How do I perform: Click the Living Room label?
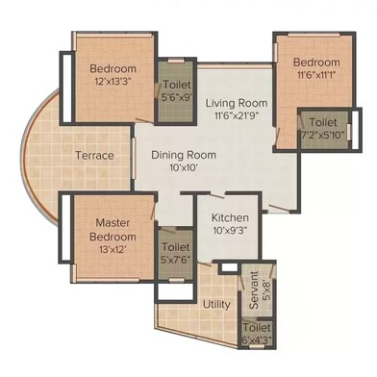tap(237, 103)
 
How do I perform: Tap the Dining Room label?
tap(184, 155)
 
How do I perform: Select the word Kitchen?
tap(230, 217)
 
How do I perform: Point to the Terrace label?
tap(95, 156)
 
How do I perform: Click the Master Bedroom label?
tap(113, 230)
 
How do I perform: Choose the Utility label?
tap(216, 304)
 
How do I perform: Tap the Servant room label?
tap(254, 289)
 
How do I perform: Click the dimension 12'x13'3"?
tap(113, 81)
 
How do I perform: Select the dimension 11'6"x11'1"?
tap(316, 75)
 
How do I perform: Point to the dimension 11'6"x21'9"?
tap(237, 115)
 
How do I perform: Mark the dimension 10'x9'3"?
tap(230, 230)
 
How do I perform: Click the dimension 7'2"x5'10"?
tap(322, 135)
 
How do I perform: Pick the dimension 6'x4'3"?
tap(257, 339)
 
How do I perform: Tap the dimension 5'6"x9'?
tap(177, 97)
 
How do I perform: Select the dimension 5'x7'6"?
tap(176, 260)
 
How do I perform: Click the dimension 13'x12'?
tap(113, 249)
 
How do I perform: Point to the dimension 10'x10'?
tap(184, 167)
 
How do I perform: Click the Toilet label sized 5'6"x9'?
tap(177, 85)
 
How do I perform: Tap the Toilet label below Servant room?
tap(257, 328)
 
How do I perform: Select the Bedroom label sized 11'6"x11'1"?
tap(316, 62)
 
